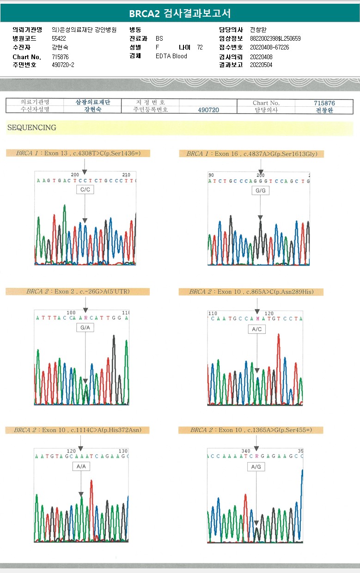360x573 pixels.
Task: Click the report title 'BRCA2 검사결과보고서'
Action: (180, 13)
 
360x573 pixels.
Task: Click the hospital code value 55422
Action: (59, 39)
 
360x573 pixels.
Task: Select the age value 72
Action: (200, 48)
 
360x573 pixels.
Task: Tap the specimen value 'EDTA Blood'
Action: (171, 56)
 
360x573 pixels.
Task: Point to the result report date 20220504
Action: (261, 65)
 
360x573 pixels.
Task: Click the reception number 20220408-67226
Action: (269, 48)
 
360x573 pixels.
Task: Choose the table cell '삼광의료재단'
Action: (92, 103)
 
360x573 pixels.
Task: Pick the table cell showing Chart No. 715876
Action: (324, 103)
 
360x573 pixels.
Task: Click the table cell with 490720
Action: (208, 110)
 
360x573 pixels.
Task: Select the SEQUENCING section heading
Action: (32, 128)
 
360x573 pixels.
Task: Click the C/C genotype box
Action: (85, 189)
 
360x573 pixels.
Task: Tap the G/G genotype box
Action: (260, 190)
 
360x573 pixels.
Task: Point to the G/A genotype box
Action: (85, 327)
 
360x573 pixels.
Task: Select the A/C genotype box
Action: (257, 329)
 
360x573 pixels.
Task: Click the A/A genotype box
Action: (81, 466)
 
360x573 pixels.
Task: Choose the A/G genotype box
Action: (256, 467)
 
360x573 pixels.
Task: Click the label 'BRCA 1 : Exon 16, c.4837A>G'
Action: (252, 154)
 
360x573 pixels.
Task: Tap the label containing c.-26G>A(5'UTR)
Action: (78, 292)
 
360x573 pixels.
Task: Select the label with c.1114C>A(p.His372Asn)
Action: (78, 430)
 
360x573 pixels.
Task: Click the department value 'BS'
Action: (159, 39)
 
